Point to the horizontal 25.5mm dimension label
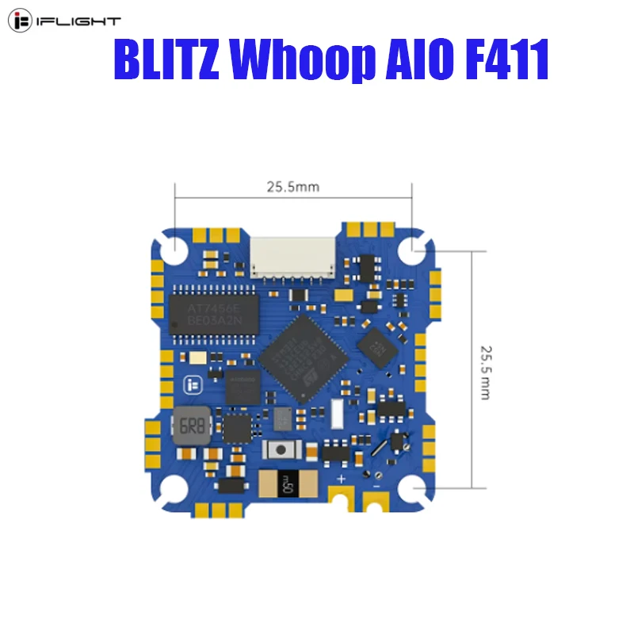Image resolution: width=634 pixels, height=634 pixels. coord(292,187)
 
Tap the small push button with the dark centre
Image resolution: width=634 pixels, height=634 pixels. coord(279,451)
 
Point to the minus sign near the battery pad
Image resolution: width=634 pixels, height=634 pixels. coord(376,483)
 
